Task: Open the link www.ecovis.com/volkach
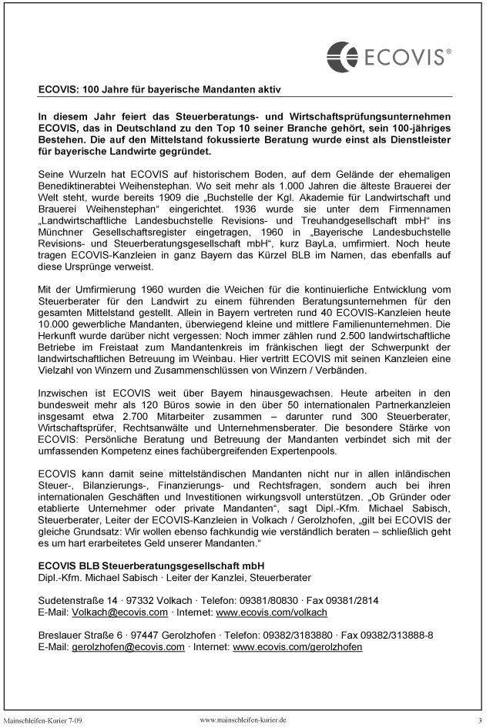pos(271,612)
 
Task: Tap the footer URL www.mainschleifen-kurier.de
pos(243,719)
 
